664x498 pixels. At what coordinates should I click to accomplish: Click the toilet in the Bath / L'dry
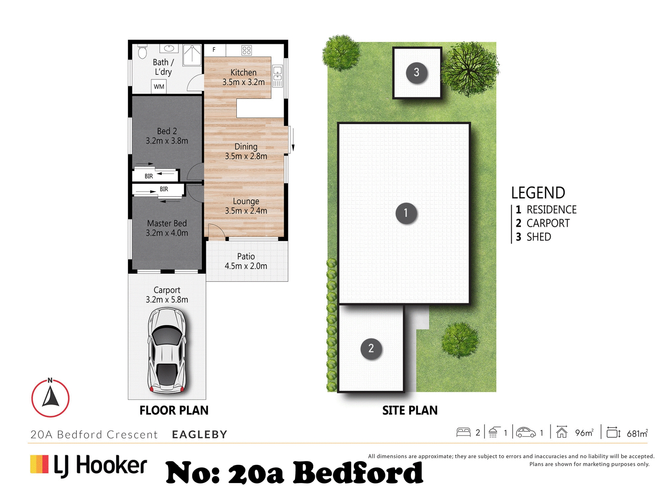(142, 52)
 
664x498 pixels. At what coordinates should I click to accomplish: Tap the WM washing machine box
(159, 86)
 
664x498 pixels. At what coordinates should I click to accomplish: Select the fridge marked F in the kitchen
(215, 50)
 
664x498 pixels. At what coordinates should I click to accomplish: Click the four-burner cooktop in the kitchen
(247, 50)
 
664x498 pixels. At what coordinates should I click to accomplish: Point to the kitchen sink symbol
(277, 76)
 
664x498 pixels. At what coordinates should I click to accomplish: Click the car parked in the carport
(167, 351)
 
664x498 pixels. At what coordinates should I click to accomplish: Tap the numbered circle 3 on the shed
(416, 72)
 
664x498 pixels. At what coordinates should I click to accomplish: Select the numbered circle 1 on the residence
(406, 213)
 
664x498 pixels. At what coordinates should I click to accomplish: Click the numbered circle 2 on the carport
(371, 349)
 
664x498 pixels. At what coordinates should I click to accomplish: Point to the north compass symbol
(50, 398)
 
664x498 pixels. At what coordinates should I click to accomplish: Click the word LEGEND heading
(538, 193)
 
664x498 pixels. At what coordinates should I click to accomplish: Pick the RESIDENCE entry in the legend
(546, 210)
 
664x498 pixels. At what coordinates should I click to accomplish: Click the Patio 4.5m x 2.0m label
(246, 261)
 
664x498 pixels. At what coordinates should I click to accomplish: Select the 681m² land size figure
(637, 433)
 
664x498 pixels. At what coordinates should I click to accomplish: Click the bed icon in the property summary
(463, 433)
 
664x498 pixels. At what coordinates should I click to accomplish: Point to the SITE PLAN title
(410, 411)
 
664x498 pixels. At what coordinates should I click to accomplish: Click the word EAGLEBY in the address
(200, 434)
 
